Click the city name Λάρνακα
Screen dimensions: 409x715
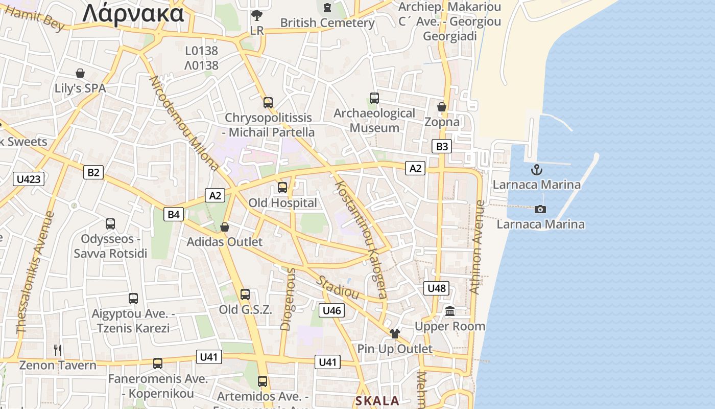click(x=133, y=13)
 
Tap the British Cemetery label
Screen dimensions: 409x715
click(x=327, y=23)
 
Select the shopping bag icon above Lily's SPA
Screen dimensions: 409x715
click(x=80, y=73)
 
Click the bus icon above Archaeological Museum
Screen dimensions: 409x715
click(x=374, y=98)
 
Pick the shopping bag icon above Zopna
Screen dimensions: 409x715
click(x=442, y=107)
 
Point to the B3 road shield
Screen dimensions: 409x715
click(x=442, y=147)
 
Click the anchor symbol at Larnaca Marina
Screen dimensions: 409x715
click(x=536, y=170)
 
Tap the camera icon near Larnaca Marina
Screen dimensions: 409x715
click(x=540, y=209)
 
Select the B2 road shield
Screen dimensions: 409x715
click(x=93, y=172)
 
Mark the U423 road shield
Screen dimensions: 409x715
click(x=29, y=179)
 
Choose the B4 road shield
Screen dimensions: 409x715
click(x=174, y=214)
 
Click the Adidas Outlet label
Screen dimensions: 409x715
click(x=225, y=242)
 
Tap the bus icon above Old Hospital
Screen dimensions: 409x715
click(x=282, y=188)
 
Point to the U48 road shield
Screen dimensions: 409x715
click(x=437, y=288)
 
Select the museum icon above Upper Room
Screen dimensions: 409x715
click(x=450, y=311)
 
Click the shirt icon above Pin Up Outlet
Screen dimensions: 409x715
click(x=395, y=334)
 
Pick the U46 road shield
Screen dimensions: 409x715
click(x=332, y=310)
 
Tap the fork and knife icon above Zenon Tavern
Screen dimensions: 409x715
click(x=58, y=350)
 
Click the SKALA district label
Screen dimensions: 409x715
click(x=377, y=401)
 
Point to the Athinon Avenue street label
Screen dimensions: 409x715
click(x=476, y=247)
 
